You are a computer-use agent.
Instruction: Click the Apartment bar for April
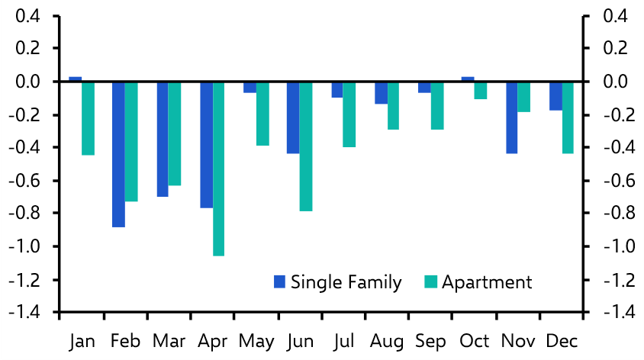click(219, 169)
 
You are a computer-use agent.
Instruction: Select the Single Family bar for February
click(118, 154)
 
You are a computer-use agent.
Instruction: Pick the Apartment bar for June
click(306, 146)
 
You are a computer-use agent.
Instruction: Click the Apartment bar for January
click(88, 118)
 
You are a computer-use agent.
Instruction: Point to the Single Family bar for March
click(163, 139)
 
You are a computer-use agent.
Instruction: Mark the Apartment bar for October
click(481, 90)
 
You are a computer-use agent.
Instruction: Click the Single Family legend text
click(346, 282)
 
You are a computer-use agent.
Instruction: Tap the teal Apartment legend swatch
click(430, 282)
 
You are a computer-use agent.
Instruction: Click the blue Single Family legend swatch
click(279, 282)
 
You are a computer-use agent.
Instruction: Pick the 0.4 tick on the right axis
click(616, 16)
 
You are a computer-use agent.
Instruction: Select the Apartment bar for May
click(262, 114)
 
